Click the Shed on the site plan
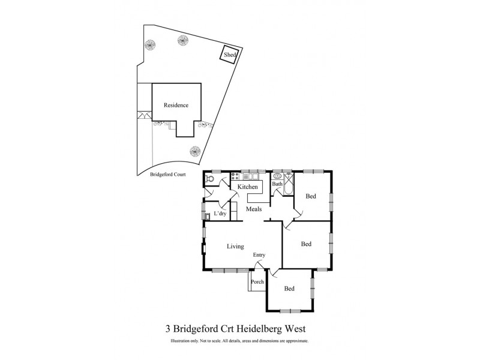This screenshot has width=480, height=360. tap(230, 55)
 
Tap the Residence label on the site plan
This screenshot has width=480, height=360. tap(176, 105)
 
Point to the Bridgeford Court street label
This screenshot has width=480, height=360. tap(167, 174)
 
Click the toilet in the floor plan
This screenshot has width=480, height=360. tap(209, 178)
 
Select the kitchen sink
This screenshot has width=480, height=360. tap(254, 177)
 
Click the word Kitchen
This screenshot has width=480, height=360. tap(248, 187)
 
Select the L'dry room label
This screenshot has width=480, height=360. tap(220, 213)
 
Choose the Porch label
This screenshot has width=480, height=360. tap(257, 282)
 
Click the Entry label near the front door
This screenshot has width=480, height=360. tap(259, 255)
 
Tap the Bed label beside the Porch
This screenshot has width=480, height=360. tap(289, 289)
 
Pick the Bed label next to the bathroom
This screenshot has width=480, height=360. tap(311, 196)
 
